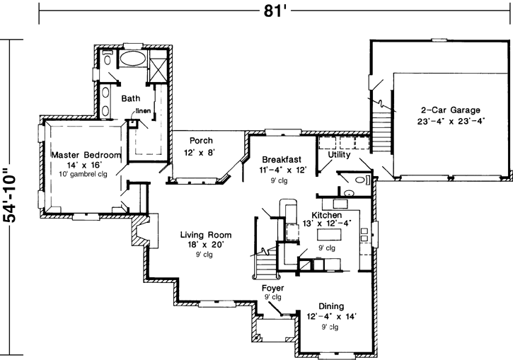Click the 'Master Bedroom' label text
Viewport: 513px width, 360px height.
86,154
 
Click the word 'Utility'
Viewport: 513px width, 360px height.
340,154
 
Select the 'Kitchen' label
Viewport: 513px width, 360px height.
328,214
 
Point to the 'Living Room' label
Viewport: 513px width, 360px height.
206,235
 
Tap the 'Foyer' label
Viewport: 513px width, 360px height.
273,288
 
